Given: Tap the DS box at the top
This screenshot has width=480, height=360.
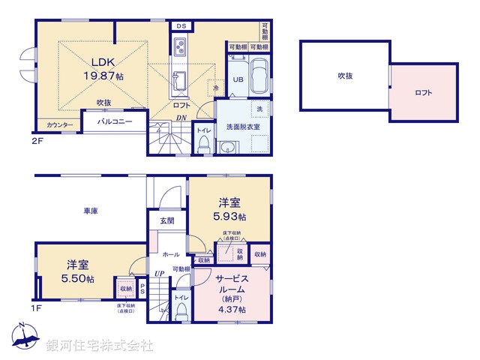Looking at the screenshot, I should pos(180,25).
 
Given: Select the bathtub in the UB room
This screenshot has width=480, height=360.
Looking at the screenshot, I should pos(257,76).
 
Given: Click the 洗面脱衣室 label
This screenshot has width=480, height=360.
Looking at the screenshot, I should pos(244,127).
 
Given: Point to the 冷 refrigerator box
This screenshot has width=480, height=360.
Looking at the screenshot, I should pos(215,87).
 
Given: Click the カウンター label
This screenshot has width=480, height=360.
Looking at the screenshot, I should pos(59,125).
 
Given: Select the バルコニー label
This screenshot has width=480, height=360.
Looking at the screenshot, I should pos(114,121).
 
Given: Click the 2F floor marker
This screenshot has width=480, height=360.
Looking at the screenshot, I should pos(37,140).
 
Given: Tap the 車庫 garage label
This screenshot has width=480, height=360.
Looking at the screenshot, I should pos(91,211).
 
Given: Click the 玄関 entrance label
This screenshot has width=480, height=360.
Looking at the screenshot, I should pos(166,221).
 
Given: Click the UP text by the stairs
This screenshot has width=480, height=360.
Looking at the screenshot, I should pos(159,273).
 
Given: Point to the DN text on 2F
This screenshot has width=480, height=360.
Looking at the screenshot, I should pos(181,118).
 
